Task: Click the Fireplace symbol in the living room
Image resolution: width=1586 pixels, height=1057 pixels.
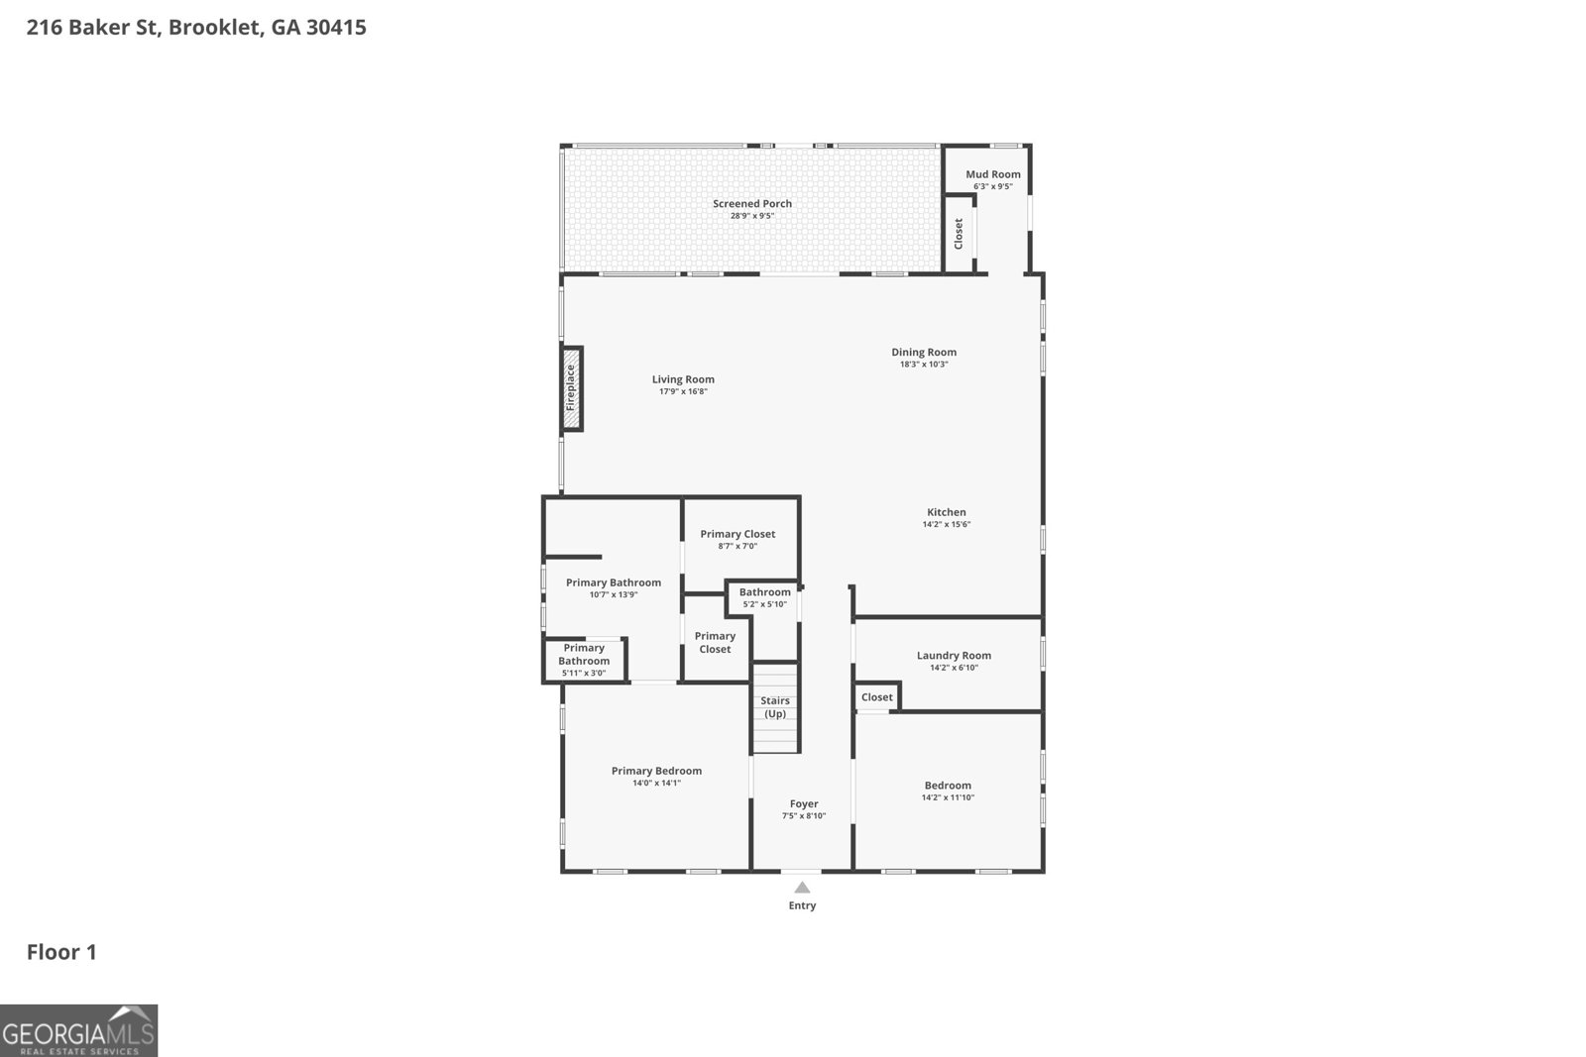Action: tap(571, 388)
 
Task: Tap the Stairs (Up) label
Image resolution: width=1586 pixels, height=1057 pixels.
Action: tap(775, 707)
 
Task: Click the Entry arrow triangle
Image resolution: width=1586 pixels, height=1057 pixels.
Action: tap(802, 888)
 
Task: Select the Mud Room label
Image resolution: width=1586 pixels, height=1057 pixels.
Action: tap(992, 174)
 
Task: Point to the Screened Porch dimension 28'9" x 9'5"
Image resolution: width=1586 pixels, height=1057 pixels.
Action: tap(751, 216)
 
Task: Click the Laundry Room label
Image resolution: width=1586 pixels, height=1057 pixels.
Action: tap(954, 656)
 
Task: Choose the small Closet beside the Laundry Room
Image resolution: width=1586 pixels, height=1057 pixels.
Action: tap(876, 697)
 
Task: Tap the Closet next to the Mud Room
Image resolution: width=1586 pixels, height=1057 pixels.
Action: tap(959, 234)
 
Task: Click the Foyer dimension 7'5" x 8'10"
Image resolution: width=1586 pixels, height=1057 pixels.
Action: tap(803, 816)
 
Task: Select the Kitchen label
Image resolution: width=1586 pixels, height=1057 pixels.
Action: tap(946, 512)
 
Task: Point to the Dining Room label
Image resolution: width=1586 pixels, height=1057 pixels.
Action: tap(924, 352)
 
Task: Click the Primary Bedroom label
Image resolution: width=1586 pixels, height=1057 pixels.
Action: tap(656, 771)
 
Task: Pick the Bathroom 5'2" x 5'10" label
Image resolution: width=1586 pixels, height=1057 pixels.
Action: tap(764, 592)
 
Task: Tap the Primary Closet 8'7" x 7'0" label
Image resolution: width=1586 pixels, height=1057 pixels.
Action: tap(737, 534)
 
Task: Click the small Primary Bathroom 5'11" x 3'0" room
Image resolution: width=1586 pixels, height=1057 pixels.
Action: tap(584, 661)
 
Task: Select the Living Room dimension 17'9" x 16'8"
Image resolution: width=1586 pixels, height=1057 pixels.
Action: tap(683, 392)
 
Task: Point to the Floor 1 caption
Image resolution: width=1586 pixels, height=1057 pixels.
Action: tap(61, 952)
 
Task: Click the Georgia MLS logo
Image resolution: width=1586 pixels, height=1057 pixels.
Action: tap(78, 1030)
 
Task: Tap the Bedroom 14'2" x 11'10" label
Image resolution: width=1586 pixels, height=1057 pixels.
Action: tap(948, 786)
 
